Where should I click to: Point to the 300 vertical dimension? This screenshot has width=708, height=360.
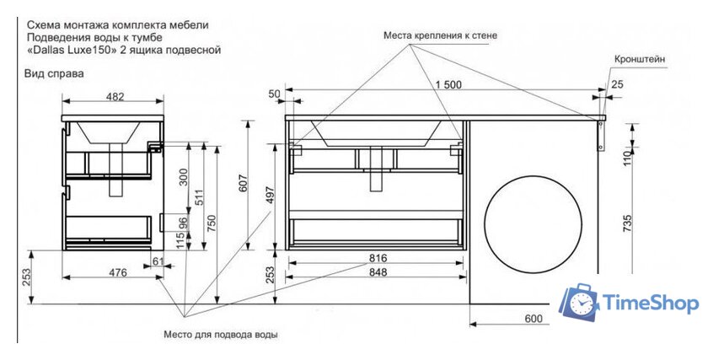point(184,178)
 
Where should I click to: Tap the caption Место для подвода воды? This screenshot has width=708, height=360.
point(221,334)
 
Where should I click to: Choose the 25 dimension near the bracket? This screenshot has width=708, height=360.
point(619,84)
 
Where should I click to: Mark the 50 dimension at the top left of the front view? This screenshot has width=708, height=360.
point(274,94)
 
